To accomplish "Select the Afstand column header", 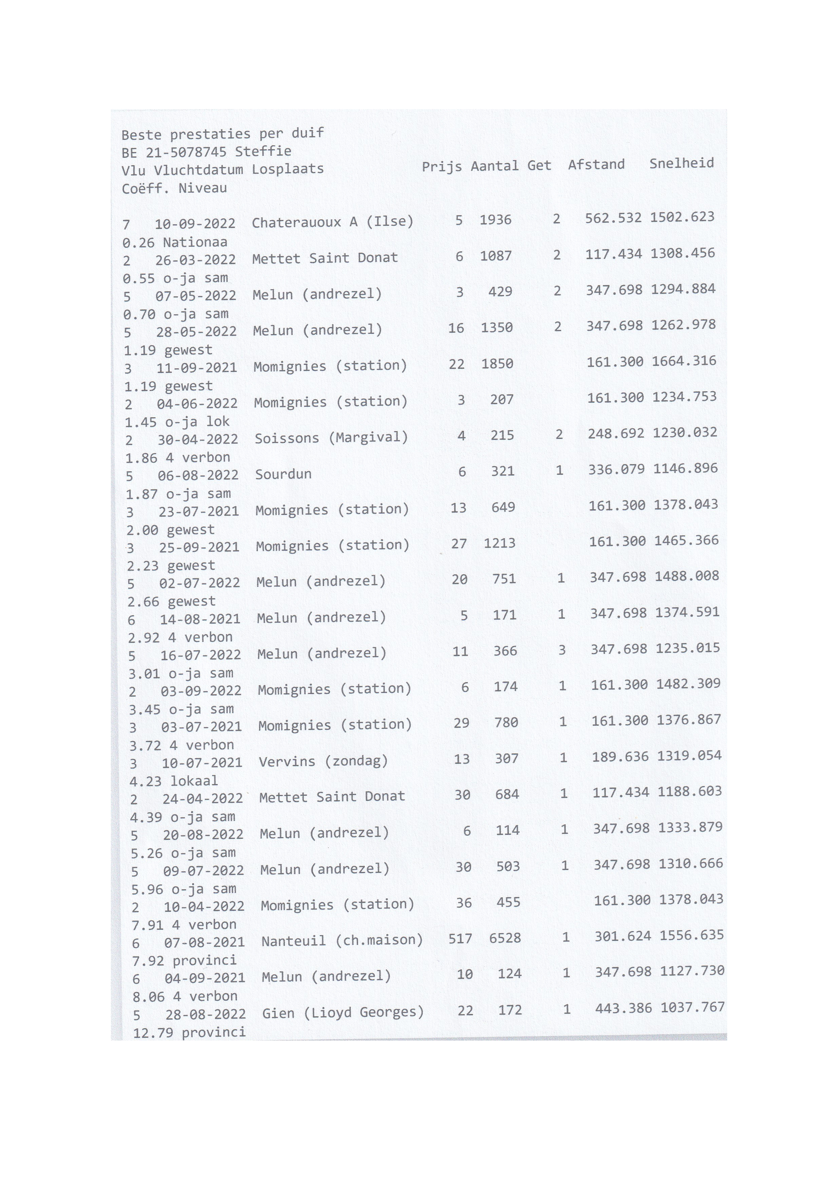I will (596, 165).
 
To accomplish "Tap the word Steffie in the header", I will (263, 152).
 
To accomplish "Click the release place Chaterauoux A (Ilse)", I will (332, 222).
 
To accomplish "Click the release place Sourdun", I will (283, 474).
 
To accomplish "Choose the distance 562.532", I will (613, 218).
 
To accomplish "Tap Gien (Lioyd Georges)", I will (343, 1013).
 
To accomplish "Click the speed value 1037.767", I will (692, 1007).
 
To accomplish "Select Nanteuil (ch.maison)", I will (342, 940).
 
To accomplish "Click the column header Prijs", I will (441, 166).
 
